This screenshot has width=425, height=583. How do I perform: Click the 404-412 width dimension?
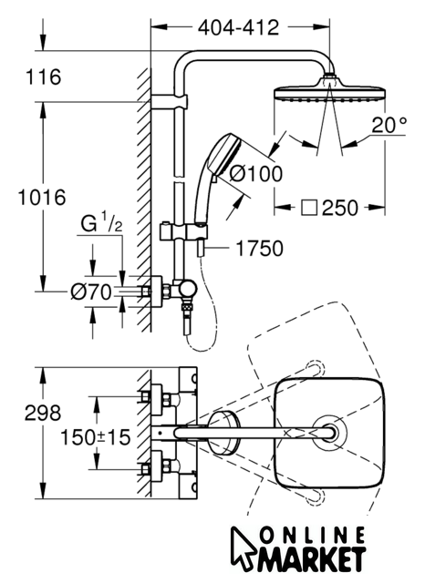[x=238, y=28]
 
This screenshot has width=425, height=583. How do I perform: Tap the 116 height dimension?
[x=43, y=77]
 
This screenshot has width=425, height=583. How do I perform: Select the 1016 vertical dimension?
[x=42, y=197]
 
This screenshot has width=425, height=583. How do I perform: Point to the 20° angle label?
[x=389, y=125]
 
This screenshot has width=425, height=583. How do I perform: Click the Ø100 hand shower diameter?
[x=256, y=174]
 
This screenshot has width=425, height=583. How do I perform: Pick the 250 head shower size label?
[x=340, y=208]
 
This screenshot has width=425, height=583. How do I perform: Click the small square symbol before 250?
[x=309, y=208]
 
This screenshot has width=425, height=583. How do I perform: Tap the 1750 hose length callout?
[x=260, y=249]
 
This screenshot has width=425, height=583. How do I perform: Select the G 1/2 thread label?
[x=101, y=223]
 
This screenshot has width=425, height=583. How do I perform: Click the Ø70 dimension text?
[x=91, y=291]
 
